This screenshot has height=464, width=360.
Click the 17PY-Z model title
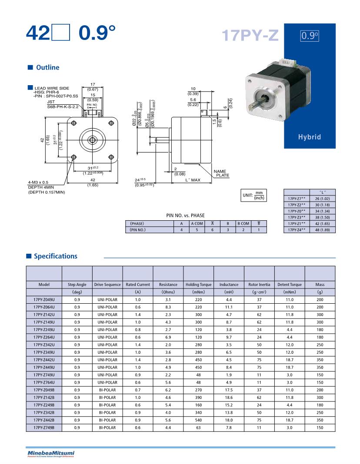[250, 35]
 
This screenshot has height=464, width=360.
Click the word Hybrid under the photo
[309, 137]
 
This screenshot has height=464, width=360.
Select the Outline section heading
[47, 68]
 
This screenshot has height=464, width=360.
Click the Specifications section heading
[55, 256]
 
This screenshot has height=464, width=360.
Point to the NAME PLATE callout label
[221, 173]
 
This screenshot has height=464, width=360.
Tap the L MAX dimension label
[193, 180]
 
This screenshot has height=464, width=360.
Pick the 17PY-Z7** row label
[297, 198]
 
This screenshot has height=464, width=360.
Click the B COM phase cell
[243, 223]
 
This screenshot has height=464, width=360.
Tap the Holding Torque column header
[198, 285]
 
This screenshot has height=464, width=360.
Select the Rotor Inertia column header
[259, 285]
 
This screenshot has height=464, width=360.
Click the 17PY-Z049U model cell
[44, 300]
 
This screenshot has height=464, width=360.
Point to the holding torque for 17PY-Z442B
[198, 420]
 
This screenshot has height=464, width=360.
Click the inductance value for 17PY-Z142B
[229, 398]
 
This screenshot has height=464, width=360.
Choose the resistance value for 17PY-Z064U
[168, 307]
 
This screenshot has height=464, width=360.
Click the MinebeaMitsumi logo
[51, 454]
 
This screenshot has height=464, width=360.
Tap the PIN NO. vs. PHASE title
[185, 215]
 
